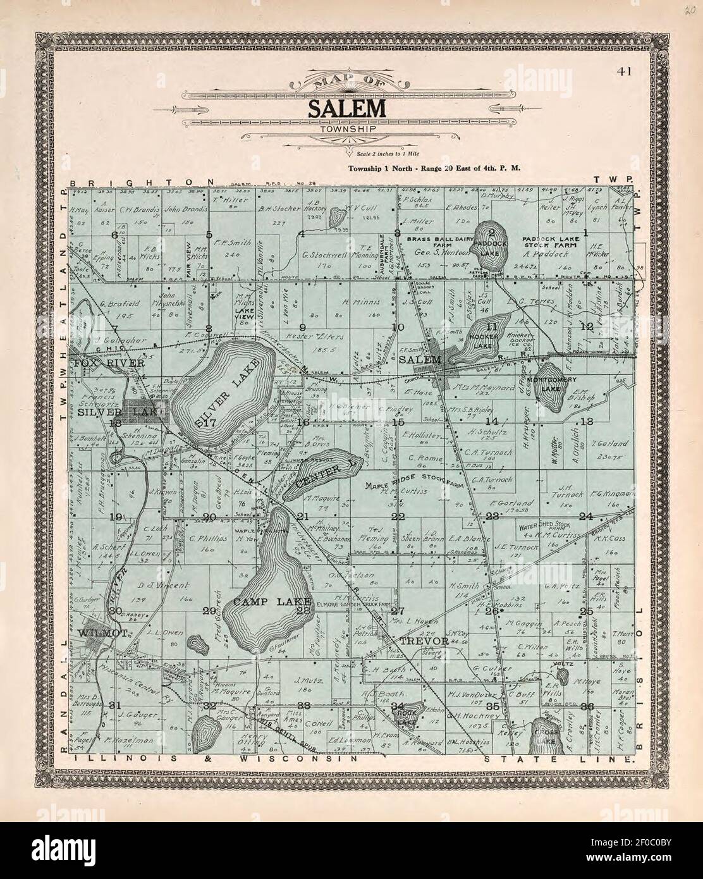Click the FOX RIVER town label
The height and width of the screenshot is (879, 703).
(x=108, y=364)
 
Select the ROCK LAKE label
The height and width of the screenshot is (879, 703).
(x=404, y=715)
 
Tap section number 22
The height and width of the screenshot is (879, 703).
(x=398, y=516)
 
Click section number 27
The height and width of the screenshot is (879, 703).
(x=397, y=611)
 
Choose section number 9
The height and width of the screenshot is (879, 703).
(x=302, y=327)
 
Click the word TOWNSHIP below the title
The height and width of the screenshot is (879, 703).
(x=347, y=129)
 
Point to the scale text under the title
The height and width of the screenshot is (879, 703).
(x=388, y=154)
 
